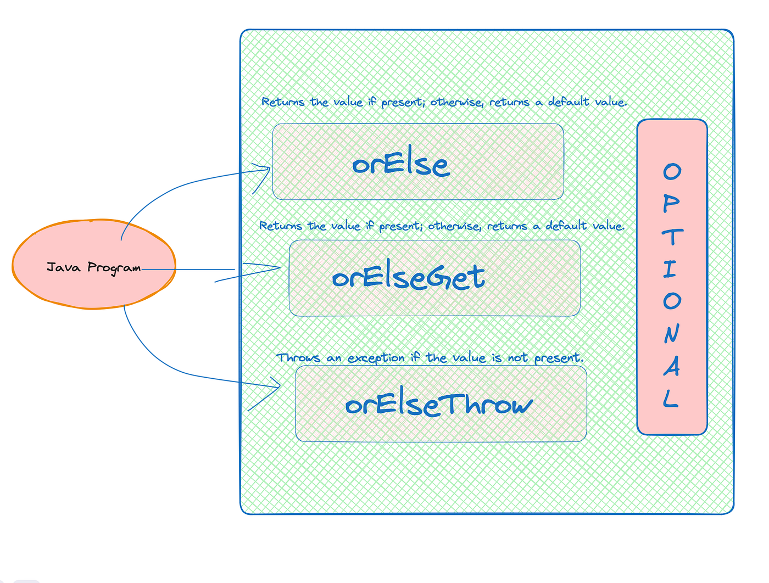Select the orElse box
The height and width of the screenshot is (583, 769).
[x=417, y=161]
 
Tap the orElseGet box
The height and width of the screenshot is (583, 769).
[x=434, y=278]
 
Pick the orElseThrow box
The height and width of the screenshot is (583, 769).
[x=441, y=404]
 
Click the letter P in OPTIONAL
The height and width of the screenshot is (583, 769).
[x=671, y=204]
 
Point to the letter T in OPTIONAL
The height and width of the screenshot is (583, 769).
[x=672, y=237]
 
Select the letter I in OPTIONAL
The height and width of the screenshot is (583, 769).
[x=670, y=269]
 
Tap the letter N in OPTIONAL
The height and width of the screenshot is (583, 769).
[x=671, y=334]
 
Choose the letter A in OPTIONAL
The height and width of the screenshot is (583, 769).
[x=671, y=366]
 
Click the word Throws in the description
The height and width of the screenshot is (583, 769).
[x=298, y=358]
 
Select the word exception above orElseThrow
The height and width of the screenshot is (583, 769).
[x=376, y=358]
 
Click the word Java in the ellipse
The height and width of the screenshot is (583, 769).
[x=64, y=267]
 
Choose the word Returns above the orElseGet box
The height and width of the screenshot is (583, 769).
[x=280, y=226]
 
